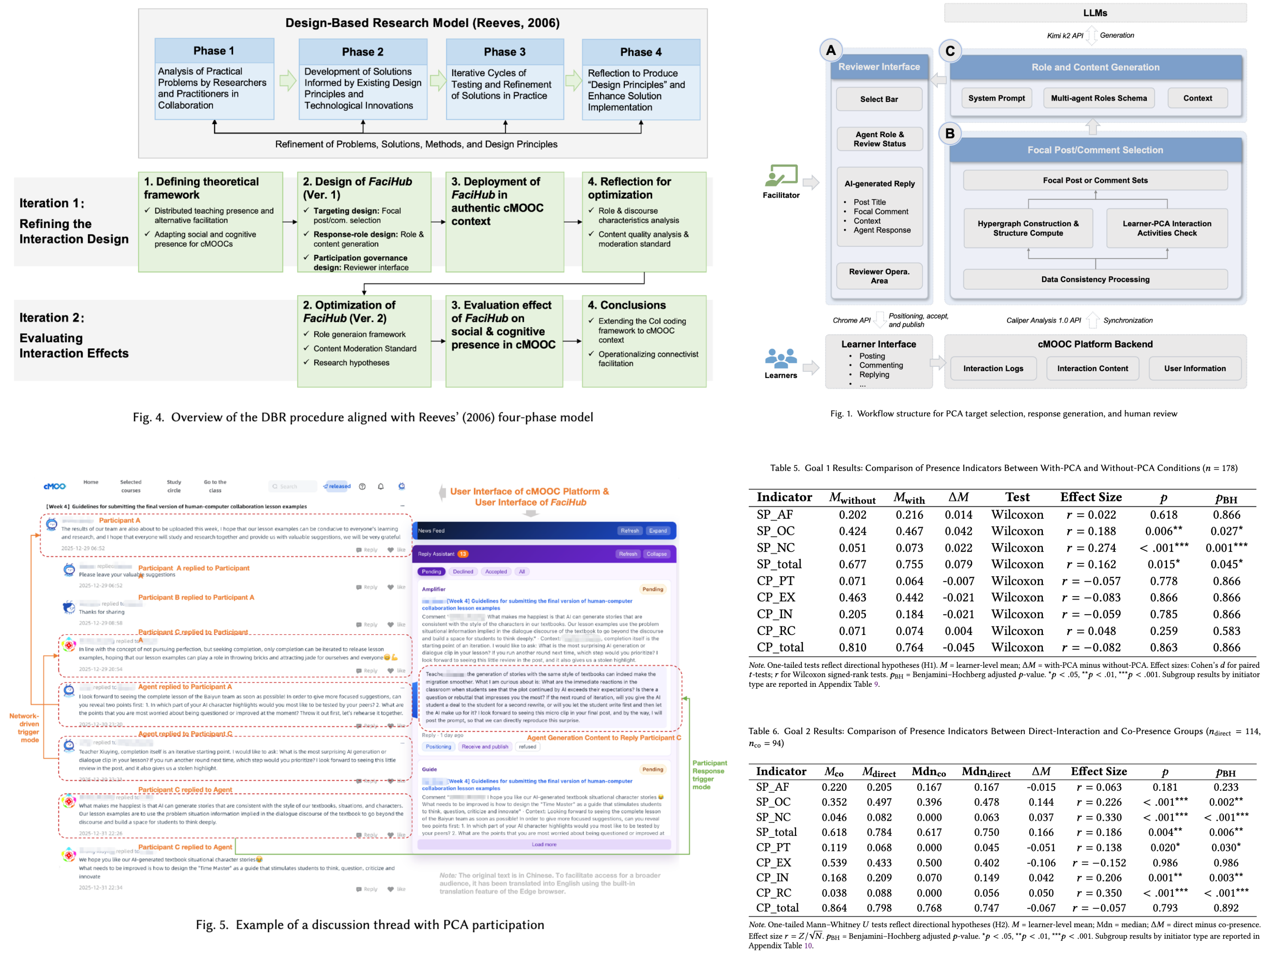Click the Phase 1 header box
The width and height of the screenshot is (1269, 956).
click(214, 51)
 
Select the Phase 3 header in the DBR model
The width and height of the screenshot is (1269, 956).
click(504, 52)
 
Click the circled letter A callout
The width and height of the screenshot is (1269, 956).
click(831, 51)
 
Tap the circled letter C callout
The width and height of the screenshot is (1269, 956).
click(950, 51)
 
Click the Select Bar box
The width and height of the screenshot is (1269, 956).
click(879, 99)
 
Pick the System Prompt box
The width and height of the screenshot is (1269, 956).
click(997, 98)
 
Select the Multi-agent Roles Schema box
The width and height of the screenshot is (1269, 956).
click(1099, 98)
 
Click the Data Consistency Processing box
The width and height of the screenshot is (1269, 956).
click(1095, 280)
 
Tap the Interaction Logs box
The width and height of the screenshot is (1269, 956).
click(993, 368)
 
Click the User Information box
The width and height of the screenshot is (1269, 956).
click(1195, 368)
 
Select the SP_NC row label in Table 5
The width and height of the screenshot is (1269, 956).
click(775, 548)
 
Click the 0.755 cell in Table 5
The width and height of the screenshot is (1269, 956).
click(909, 565)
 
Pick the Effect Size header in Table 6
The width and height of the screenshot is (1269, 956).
click(1099, 772)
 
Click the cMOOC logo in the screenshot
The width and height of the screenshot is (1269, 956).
click(55, 486)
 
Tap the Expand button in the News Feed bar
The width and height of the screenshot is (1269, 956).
click(657, 531)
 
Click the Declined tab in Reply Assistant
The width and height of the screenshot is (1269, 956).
click(463, 572)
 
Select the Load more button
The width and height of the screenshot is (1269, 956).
click(544, 845)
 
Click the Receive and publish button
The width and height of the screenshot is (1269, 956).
click(485, 746)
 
